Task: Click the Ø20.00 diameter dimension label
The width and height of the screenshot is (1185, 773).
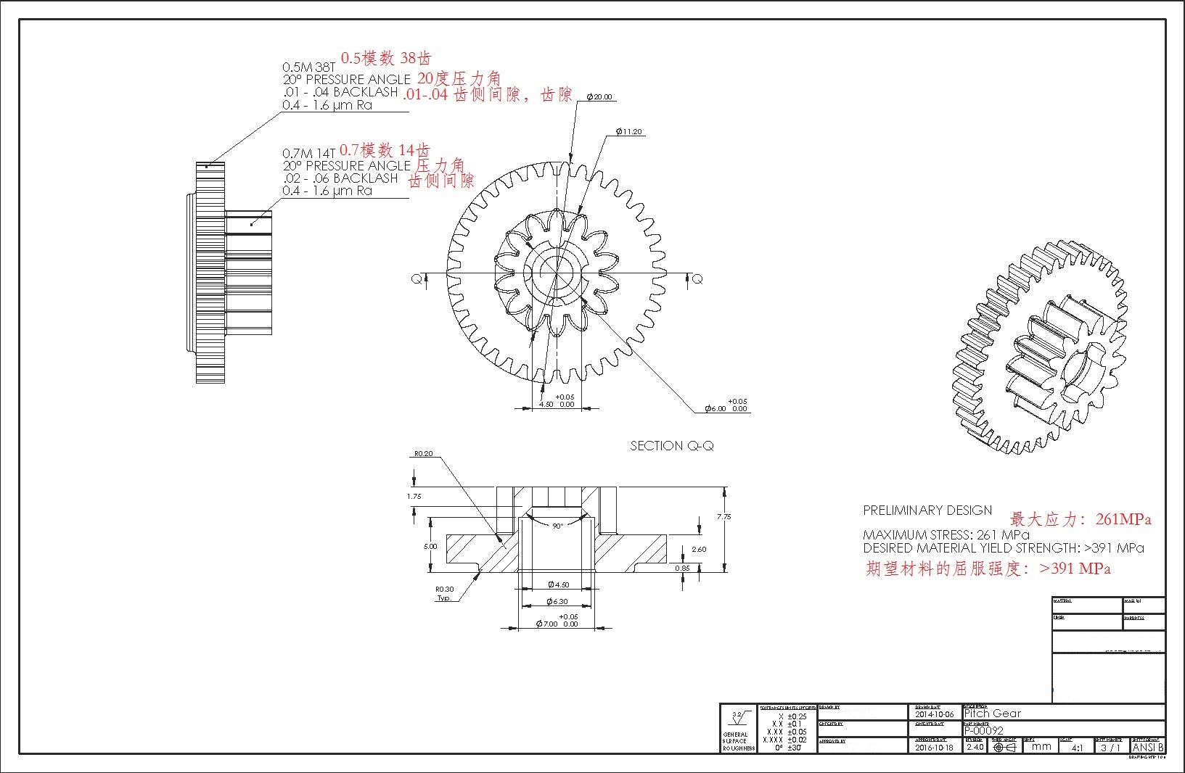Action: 599,97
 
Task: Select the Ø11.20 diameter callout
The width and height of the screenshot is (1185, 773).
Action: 628,132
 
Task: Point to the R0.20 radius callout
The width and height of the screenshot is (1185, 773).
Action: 423,454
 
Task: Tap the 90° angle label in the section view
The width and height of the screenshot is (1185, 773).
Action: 557,526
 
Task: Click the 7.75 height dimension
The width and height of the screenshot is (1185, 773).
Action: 723,517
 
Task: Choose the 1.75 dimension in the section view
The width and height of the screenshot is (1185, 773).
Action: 414,497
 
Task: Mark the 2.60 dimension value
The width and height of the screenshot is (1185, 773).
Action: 699,550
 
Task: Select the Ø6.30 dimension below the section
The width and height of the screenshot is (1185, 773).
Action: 557,602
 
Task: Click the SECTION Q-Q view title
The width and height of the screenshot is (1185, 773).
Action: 671,446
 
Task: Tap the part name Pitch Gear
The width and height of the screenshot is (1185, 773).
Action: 992,714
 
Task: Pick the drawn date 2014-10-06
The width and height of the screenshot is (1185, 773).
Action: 935,715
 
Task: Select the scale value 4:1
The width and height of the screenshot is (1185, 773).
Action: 1077,748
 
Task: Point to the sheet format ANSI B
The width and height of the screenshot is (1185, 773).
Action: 1148,747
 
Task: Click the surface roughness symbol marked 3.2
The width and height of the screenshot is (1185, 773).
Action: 738,719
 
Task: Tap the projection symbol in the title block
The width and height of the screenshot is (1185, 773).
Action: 1004,748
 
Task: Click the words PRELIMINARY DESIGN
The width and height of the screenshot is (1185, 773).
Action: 927,510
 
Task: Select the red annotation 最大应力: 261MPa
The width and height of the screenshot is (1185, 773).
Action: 1080,519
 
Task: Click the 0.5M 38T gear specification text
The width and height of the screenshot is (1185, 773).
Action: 309,67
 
